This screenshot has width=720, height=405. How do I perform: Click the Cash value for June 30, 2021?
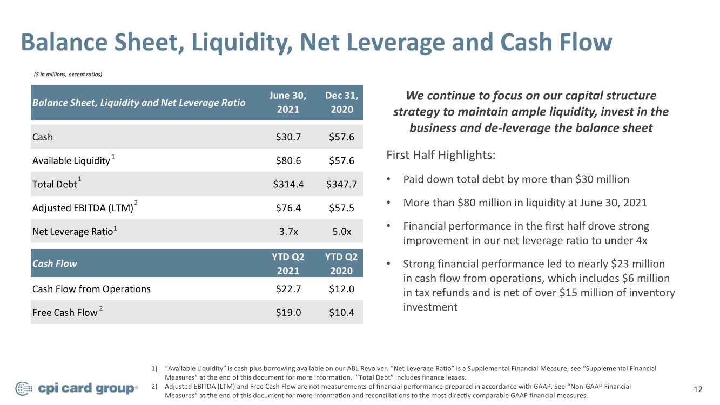[x=288, y=137]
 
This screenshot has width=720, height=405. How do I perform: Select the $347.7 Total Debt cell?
[x=341, y=184]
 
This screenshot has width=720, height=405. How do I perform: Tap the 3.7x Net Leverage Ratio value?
[x=288, y=232]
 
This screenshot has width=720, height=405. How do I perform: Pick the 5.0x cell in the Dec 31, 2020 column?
[x=342, y=232]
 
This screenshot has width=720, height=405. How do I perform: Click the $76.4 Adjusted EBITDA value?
[x=288, y=208]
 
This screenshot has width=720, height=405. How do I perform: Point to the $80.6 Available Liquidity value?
[x=288, y=160]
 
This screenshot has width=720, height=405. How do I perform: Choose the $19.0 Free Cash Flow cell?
[x=288, y=313]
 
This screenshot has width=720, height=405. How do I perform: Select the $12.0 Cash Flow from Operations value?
[x=341, y=289]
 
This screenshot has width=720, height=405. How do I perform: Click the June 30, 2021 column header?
[x=288, y=102]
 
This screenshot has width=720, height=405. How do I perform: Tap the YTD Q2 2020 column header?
[x=341, y=264]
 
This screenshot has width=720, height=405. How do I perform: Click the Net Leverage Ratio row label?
[x=72, y=232]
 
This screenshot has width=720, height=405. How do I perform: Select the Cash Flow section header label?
[x=55, y=264]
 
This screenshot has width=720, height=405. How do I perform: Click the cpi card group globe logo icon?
[x=24, y=389]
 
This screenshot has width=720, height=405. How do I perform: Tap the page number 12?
[x=698, y=389]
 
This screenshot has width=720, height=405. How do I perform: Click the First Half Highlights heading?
[x=441, y=155]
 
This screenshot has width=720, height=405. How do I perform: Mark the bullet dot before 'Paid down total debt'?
[x=388, y=179]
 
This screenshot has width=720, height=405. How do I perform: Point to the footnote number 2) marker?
[x=154, y=386]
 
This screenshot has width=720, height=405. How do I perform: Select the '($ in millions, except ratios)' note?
[x=68, y=75]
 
